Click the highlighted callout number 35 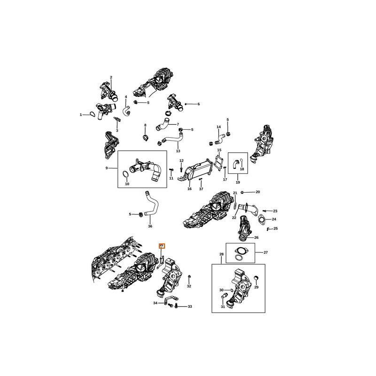pyautogui.click(x=161, y=245)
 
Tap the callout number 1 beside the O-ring pyautogui.click(x=81, y=114)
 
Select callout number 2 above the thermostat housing pyautogui.click(x=111, y=77)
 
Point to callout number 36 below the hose pyautogui.click(x=150, y=226)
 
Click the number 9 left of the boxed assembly pyautogui.click(x=106, y=168)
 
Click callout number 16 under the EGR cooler pyautogui.click(x=189, y=189)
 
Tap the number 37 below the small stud pyautogui.click(x=201, y=189)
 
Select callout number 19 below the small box pyautogui.click(x=238, y=182)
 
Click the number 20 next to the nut pyautogui.click(x=258, y=192)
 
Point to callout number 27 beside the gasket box pyautogui.click(x=266, y=252)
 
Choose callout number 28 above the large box pyautogui.click(x=222, y=254)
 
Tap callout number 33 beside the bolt pyautogui.click(x=190, y=306)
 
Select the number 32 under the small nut pyautogui.click(x=189, y=286)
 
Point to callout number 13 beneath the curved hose pyautogui.click(x=178, y=151)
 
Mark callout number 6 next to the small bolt pyautogui.click(x=198, y=104)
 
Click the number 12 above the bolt pyautogui.click(x=181, y=161)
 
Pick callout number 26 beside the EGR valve pyautogui.click(x=256, y=237)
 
